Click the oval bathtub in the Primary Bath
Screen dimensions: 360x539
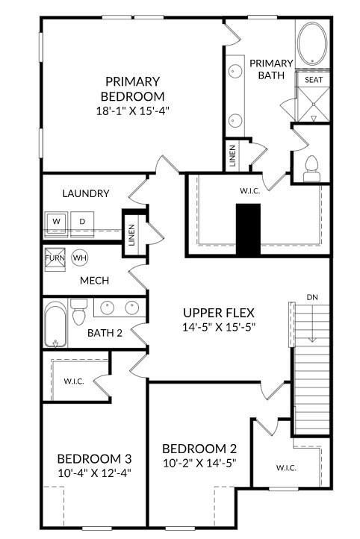pos(312,43)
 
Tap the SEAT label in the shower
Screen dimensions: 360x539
pos(314,80)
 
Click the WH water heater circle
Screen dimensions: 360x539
pos(80,258)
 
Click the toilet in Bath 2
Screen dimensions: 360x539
pos(78,312)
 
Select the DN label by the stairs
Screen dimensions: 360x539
pos(312,297)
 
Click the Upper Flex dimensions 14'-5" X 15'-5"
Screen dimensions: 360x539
pos(219,327)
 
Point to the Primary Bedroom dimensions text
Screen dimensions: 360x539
pos(133,111)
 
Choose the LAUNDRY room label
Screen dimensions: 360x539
pos(86,193)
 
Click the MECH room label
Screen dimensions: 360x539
pos(95,281)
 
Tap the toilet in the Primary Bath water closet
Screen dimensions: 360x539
pos(312,169)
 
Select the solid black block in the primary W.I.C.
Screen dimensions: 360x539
pos(248,230)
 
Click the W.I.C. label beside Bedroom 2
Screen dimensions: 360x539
pos(286,468)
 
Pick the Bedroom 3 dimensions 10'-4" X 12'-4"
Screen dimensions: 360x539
pos(95,473)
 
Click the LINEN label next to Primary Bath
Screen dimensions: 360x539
pos(233,157)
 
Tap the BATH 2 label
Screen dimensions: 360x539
pos(105,333)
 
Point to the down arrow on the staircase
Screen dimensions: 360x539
pos(312,323)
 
